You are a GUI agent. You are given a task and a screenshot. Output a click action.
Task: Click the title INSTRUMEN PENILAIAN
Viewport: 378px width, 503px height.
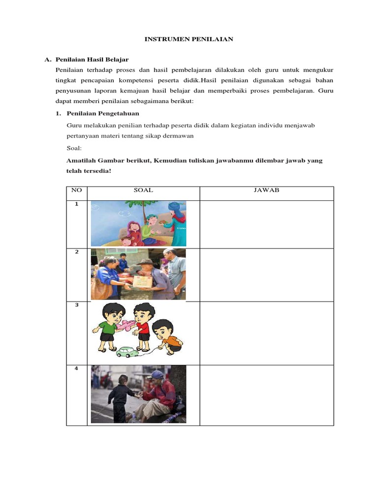pos(189,39)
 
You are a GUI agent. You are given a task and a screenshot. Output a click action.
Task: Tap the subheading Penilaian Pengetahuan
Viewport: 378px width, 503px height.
pos(103,113)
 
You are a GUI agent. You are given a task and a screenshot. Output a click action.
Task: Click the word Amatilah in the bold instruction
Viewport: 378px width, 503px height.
pos(82,161)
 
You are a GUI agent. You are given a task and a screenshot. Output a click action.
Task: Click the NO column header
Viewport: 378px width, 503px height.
pos(76,190)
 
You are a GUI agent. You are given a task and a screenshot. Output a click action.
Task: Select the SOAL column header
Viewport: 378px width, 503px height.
pos(143,190)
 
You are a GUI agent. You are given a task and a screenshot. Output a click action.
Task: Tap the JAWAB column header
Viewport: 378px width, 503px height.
pos(266,190)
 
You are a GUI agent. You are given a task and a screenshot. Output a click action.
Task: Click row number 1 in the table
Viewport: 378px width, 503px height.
pos(76,203)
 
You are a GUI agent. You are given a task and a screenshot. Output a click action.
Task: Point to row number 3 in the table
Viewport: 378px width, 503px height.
pos(76,305)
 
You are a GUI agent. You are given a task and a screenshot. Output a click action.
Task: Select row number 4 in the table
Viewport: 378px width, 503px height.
pos(76,368)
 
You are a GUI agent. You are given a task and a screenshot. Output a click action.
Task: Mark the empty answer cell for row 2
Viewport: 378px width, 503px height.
pos(266,275)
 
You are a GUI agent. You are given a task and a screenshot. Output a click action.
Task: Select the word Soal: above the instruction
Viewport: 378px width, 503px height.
pos(74,148)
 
